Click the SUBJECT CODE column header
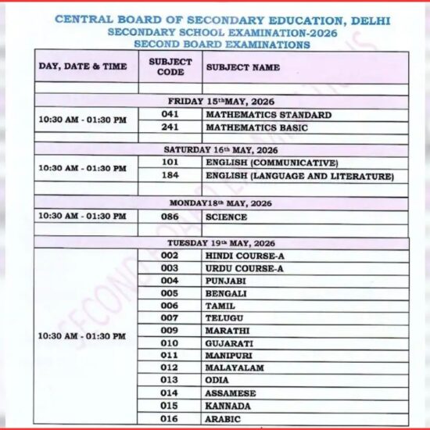[x=170, y=66]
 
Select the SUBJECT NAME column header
[x=242, y=67]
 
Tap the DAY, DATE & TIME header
[x=82, y=66]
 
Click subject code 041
[x=170, y=115]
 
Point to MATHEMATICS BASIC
[x=256, y=127]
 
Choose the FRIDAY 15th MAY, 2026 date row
[x=222, y=102]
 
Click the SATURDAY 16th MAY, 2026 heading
[x=222, y=149]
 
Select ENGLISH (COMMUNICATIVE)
[x=271, y=163]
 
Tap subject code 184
[x=170, y=176]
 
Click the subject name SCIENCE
[x=226, y=217]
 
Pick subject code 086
[x=170, y=217]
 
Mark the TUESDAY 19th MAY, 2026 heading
[x=222, y=243]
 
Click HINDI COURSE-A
[x=243, y=256]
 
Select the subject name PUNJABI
[x=226, y=281]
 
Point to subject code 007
[x=170, y=317]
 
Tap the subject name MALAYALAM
[x=235, y=367]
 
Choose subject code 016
[x=170, y=418]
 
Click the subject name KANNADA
[x=228, y=406]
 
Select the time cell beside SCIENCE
[x=82, y=216]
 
